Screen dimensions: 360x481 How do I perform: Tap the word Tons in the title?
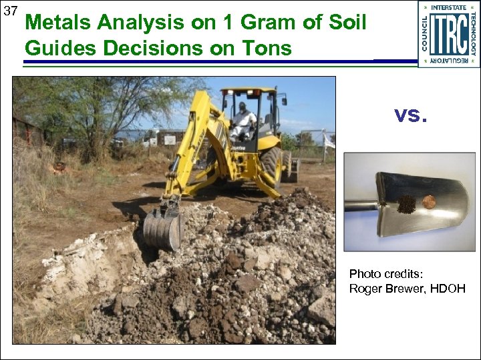[x=269, y=47]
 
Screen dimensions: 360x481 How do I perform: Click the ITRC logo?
[x=448, y=34]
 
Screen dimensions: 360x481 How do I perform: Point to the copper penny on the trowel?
[x=428, y=201]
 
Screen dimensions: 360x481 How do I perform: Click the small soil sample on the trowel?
[x=406, y=204]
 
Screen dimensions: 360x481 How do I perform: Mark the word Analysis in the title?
[x=136, y=23]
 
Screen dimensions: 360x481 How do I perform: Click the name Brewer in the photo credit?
[x=405, y=288]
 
